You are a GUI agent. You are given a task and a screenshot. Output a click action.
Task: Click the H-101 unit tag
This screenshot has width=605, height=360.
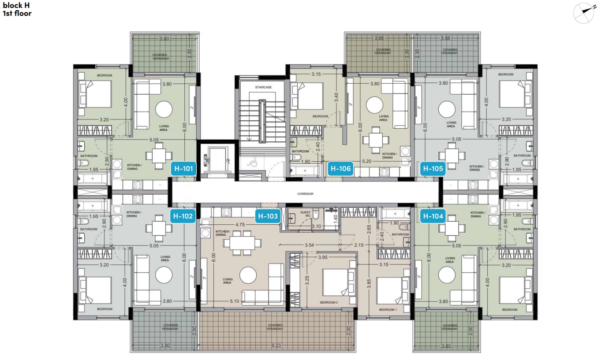coord(183,169)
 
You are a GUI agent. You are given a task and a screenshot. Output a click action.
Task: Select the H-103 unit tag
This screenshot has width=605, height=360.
coord(268,216)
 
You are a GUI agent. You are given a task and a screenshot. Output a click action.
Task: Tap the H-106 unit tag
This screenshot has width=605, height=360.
coord(340,169)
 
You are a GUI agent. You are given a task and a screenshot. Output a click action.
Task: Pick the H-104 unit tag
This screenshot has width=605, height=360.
coord(433,216)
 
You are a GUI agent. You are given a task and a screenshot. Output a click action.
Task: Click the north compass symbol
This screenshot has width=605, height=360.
coord(584,13)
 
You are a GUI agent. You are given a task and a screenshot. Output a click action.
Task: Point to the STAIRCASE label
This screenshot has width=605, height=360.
coord(263,87)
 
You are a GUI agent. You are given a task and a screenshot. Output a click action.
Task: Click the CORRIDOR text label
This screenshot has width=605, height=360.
coord(305,194)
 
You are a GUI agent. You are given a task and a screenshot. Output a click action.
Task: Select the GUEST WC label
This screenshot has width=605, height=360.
coord(306,214)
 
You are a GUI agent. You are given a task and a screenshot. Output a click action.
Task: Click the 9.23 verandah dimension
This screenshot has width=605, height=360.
coord(276,345)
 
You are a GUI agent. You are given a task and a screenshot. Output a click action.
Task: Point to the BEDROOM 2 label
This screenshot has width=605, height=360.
coord(329,303)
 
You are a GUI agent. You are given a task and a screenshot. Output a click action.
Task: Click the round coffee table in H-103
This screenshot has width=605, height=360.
coord(248,275)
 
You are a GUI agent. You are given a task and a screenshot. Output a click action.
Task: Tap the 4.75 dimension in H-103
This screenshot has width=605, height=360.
coord(240,225)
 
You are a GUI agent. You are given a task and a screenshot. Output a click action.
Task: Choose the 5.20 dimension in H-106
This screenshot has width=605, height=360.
coord(366,161)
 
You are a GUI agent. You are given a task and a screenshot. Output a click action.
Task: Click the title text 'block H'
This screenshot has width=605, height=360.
coord(16,5)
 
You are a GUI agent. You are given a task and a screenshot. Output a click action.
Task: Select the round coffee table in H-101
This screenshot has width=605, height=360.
coord(164,109)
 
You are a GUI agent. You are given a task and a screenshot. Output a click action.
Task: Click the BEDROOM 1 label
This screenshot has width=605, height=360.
coord(388,309)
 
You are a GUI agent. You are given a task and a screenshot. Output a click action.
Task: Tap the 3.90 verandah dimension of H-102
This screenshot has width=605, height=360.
coord(165,346)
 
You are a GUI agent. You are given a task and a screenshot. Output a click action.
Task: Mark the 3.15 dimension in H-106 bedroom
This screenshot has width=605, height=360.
coord(316,74)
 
